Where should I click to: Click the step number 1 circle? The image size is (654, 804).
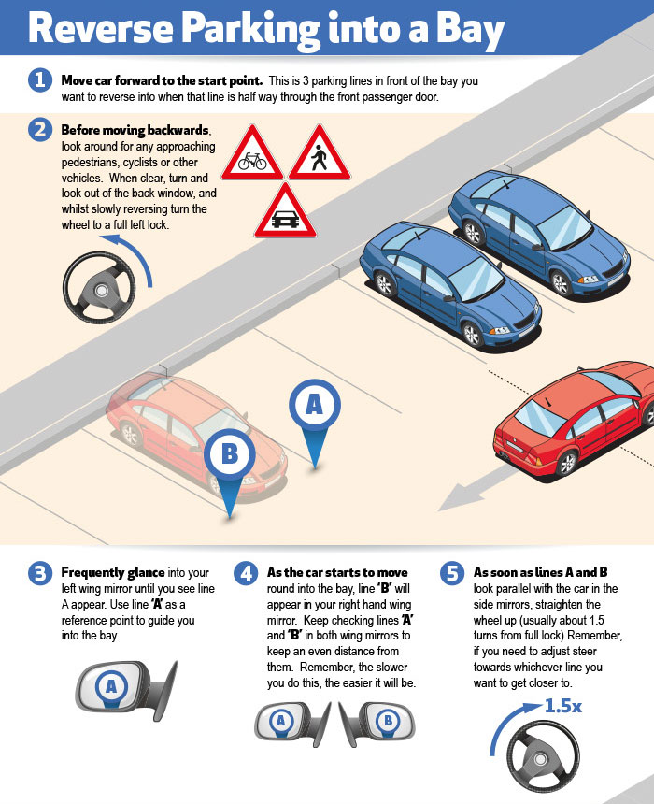point(40,80)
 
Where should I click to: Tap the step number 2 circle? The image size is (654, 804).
point(40,130)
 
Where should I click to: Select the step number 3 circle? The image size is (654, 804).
point(40,573)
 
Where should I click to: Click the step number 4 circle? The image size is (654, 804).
point(246,573)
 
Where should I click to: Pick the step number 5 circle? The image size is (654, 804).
point(452,573)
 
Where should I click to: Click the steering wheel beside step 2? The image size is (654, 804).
point(99,288)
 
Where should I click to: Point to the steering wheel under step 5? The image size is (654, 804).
point(543,757)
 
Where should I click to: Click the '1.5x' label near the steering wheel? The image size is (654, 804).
point(562,706)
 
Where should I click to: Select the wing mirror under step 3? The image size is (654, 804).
point(126,689)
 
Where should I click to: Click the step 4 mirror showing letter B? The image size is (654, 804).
point(377,723)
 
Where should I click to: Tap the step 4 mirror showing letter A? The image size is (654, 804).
point(292,723)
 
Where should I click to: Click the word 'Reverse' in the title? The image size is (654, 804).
point(101,28)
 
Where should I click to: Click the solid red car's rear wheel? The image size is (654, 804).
point(566,464)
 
